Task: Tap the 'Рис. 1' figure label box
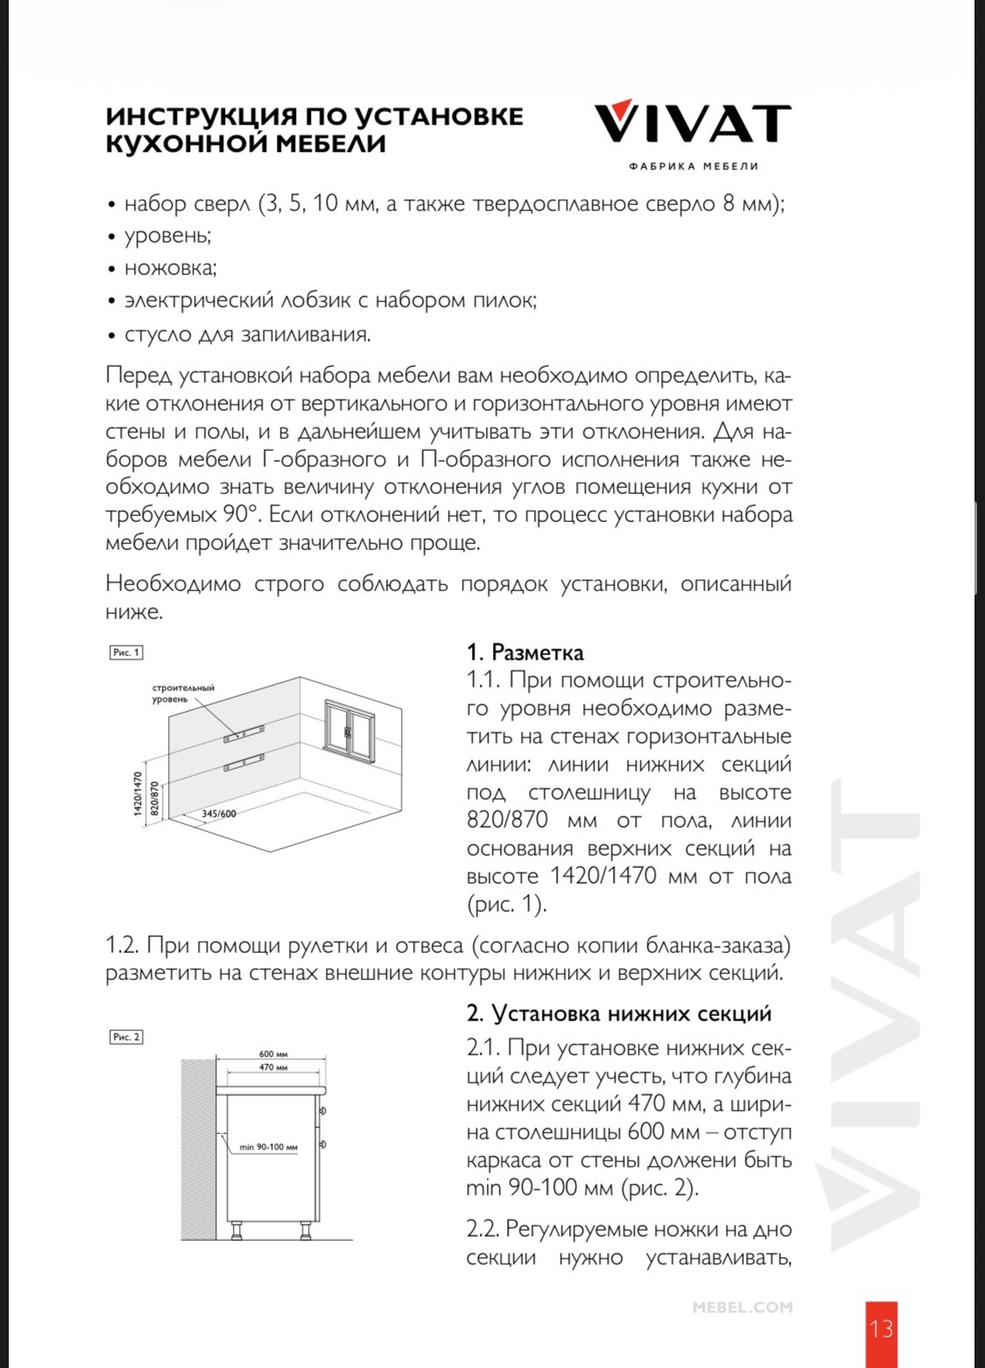coord(126,652)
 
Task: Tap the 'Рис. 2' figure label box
coord(126,1037)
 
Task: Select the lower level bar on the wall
coord(244,762)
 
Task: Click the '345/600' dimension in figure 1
coord(219,814)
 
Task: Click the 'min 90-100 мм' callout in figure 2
coord(269,1147)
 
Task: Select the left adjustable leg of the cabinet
coord(237,1232)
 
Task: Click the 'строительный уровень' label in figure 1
coord(182,694)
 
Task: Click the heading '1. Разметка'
coord(525,652)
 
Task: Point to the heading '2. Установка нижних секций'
coord(619,1013)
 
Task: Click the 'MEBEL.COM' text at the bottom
coord(742,1308)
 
